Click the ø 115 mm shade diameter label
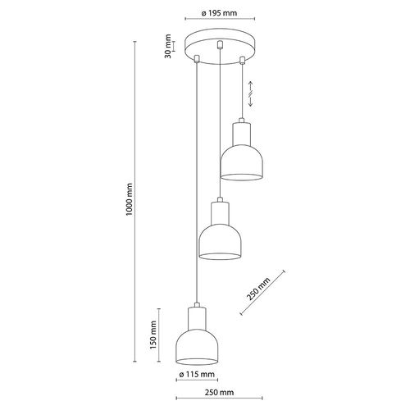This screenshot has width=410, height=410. [197, 375]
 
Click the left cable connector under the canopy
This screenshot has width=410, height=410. [198, 58]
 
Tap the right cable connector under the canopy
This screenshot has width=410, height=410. [246, 59]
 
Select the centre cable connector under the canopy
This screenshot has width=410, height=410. [221, 47]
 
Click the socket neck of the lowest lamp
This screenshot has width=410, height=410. [198, 317]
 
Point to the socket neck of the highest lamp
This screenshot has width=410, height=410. [242, 130]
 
